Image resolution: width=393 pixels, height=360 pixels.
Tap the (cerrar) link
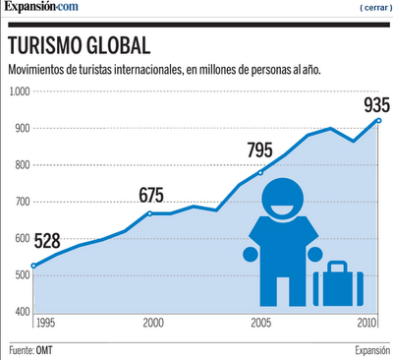(x=374, y=8)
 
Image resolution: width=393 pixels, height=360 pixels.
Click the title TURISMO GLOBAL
(x=80, y=46)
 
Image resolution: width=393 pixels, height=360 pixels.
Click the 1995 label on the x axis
(x=45, y=323)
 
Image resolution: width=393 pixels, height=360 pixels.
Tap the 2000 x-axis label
(x=153, y=323)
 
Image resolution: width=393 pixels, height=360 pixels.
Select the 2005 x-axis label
(x=261, y=323)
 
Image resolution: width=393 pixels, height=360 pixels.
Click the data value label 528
(x=48, y=241)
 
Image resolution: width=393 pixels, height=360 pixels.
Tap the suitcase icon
(x=336, y=285)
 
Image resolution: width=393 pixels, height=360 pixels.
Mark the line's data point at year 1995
(x=34, y=266)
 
